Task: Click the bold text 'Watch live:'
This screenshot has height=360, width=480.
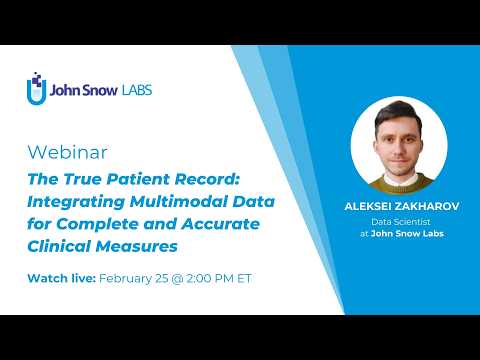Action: click(59, 277)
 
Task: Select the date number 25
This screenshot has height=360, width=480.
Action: click(167, 277)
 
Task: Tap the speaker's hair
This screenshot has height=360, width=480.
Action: click(399, 113)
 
